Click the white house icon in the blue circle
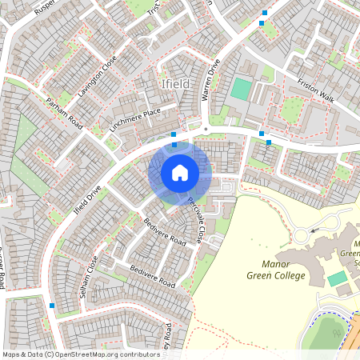[180, 173]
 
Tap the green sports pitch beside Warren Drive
[241, 89]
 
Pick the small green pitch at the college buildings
[338, 278]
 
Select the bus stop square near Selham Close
[52, 306]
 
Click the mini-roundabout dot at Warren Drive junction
[206, 128]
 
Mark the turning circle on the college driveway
[302, 235]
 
